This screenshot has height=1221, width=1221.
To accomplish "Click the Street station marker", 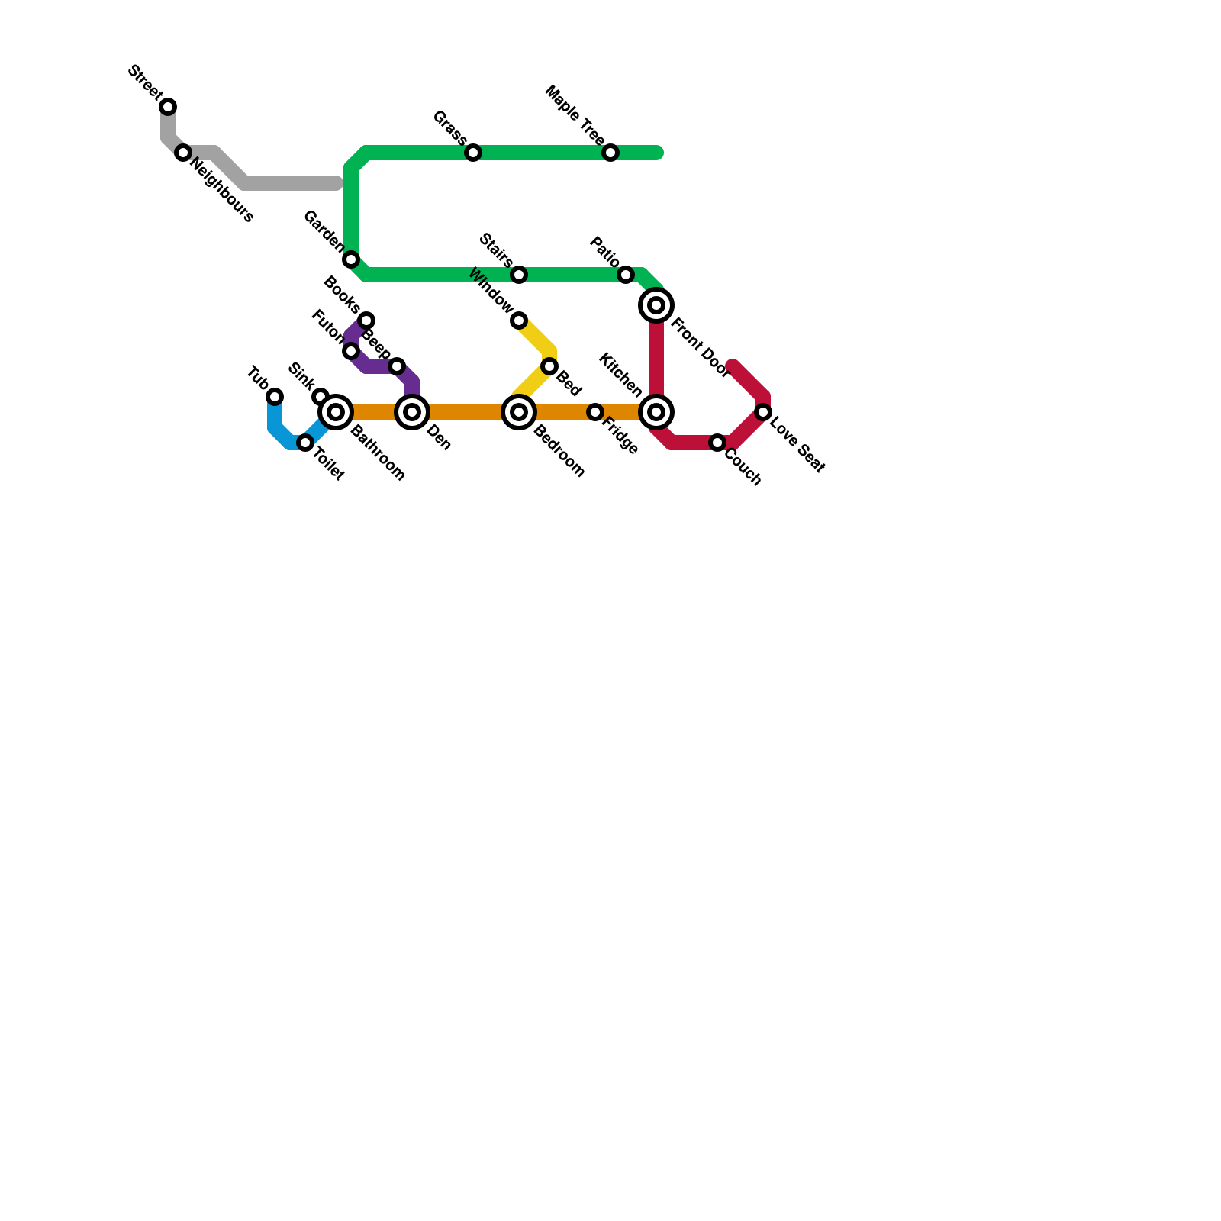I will pyautogui.click(x=168, y=107).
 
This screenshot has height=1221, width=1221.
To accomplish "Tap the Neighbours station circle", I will pyautogui.click(x=183, y=153).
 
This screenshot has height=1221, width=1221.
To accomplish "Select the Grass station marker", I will pyautogui.click(x=473, y=153).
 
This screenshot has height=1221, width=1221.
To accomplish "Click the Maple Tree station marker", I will pyautogui.click(x=610, y=153).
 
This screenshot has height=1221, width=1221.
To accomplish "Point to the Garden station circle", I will pyautogui.click(x=351, y=259).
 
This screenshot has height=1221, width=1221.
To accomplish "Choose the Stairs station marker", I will pyautogui.click(x=519, y=275).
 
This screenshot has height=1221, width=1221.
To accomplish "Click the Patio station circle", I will pyautogui.click(x=626, y=275).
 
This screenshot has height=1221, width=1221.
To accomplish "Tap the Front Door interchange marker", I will pyautogui.click(x=656, y=305).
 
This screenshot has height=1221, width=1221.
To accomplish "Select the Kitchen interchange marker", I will pyautogui.click(x=656, y=412).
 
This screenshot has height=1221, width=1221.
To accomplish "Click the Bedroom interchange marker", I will pyautogui.click(x=519, y=412).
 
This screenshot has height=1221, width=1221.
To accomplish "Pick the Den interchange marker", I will pyautogui.click(x=412, y=412).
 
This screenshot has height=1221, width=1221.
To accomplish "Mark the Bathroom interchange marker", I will pyautogui.click(x=336, y=412).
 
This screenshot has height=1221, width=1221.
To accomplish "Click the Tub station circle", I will pyautogui.click(x=275, y=397).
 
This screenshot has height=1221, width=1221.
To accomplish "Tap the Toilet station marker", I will pyautogui.click(x=305, y=443).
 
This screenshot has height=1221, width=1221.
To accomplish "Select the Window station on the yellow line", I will pyautogui.click(x=519, y=321).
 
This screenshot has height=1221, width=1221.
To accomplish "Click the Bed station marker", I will pyautogui.click(x=549, y=366).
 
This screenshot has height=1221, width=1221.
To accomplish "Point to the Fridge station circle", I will pyautogui.click(x=595, y=412).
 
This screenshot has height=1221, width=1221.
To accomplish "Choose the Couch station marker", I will pyautogui.click(x=717, y=443).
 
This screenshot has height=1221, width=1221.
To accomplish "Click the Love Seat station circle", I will pyautogui.click(x=763, y=412).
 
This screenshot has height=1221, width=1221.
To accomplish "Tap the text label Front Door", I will pyautogui.click(x=700, y=348).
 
